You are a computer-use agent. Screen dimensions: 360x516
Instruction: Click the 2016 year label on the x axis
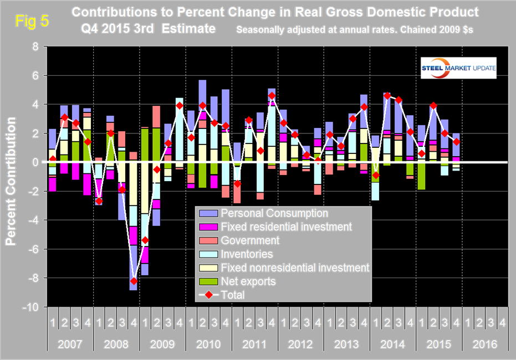click(x=483, y=344)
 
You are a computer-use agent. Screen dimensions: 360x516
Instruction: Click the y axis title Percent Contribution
click(x=11, y=177)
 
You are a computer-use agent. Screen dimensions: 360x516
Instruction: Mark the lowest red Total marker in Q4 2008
click(x=134, y=281)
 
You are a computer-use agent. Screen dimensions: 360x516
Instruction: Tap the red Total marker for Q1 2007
click(x=53, y=159)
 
